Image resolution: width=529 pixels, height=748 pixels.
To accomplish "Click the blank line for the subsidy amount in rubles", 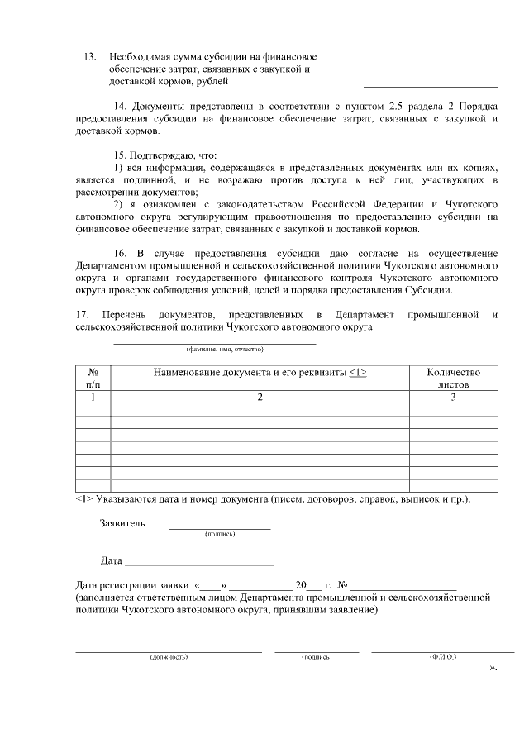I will tap(430, 84).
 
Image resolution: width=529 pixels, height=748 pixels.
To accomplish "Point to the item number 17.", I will tap(82, 315).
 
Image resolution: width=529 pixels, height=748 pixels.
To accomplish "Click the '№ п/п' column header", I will tap(93, 379).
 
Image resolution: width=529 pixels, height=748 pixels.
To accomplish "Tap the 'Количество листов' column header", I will tap(453, 379).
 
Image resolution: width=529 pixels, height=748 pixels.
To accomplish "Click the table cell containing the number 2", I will tap(260, 398).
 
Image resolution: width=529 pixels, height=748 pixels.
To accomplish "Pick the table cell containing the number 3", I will tap(453, 398).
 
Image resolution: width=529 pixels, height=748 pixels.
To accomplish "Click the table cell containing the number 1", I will tap(93, 398).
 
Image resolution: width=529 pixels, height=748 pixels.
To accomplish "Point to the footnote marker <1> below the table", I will tap(83, 500).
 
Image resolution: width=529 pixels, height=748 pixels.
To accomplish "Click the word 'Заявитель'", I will tap(122, 523).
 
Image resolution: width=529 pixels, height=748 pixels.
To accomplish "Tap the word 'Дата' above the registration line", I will tap(111, 561).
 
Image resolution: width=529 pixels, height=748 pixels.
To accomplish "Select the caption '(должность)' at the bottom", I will tap(169, 657).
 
